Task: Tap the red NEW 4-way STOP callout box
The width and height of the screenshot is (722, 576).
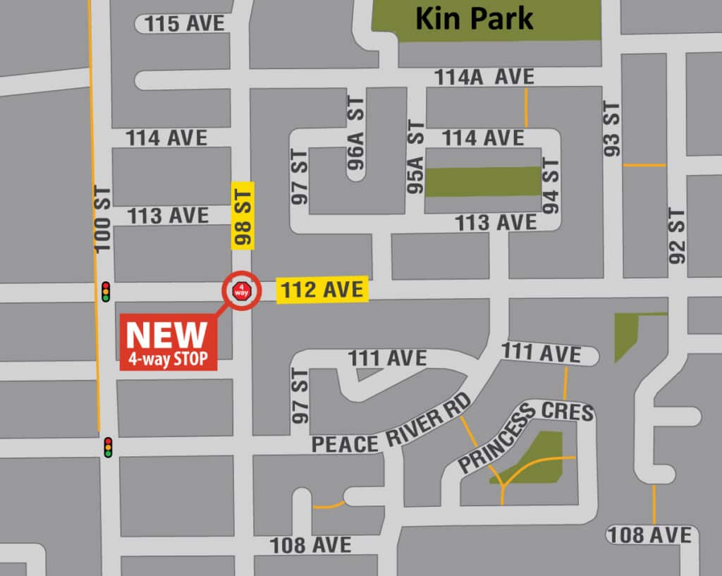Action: click(x=169, y=343)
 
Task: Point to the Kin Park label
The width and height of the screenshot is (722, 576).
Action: click(x=474, y=19)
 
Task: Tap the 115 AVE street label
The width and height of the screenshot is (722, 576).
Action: click(x=184, y=24)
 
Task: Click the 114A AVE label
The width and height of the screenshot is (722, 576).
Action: click(x=484, y=77)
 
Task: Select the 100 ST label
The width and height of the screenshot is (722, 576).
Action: click(x=103, y=219)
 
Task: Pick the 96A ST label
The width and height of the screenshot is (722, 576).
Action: click(x=357, y=133)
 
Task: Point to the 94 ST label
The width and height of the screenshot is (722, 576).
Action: click(x=551, y=185)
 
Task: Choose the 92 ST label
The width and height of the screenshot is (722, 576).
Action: click(x=677, y=235)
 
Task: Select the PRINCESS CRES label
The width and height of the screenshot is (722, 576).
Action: click(x=525, y=435)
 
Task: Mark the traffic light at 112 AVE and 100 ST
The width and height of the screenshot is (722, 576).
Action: click(x=106, y=291)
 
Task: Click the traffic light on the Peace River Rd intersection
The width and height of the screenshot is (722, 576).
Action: click(x=108, y=447)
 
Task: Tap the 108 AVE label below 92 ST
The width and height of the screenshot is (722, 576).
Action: click(x=649, y=535)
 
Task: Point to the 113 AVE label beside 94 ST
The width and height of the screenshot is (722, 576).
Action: click(x=496, y=223)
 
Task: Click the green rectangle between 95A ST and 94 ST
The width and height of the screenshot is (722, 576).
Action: click(x=483, y=182)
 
